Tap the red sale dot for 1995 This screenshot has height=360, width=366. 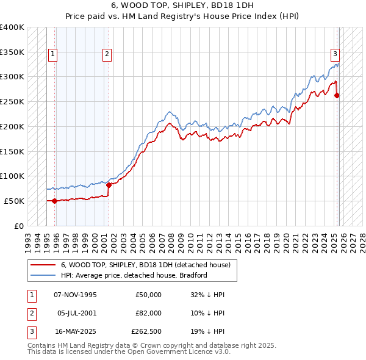55,200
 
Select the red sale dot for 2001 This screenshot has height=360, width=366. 109,184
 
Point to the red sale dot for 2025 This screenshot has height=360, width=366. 337,95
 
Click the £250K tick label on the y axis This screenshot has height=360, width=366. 12,102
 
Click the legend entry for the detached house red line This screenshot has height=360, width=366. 145,265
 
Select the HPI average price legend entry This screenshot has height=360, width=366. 134,276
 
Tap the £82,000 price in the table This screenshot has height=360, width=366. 148,312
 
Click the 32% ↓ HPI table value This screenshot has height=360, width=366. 207,295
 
